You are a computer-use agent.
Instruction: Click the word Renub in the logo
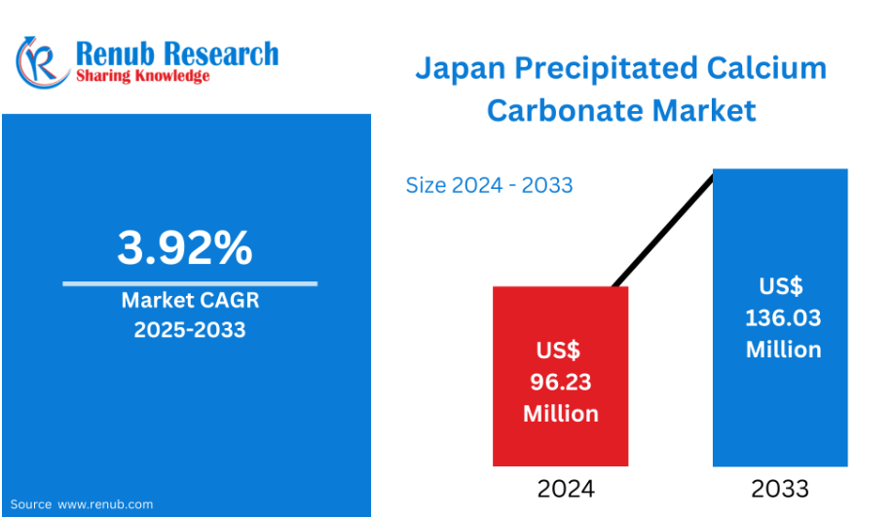click(x=115, y=54)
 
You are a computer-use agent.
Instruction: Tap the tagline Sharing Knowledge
click(x=143, y=76)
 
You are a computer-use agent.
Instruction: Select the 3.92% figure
click(x=185, y=247)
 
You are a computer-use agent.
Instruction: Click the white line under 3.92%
click(x=190, y=283)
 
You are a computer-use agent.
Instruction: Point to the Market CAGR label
click(x=190, y=300)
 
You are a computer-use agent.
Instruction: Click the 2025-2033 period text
click(x=190, y=330)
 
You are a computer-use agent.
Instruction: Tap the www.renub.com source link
click(x=105, y=504)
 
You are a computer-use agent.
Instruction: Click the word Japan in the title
click(x=461, y=69)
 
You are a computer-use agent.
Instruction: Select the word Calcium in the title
click(x=766, y=68)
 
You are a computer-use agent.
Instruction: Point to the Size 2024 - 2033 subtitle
click(x=489, y=185)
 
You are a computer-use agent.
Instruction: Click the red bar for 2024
click(x=560, y=376)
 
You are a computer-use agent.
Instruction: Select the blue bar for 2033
click(x=781, y=317)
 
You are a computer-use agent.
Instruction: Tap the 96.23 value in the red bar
click(x=561, y=383)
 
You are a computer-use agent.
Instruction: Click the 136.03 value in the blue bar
click(x=783, y=318)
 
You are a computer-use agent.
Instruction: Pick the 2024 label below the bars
click(x=566, y=489)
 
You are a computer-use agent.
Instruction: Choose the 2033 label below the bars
click(x=780, y=489)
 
